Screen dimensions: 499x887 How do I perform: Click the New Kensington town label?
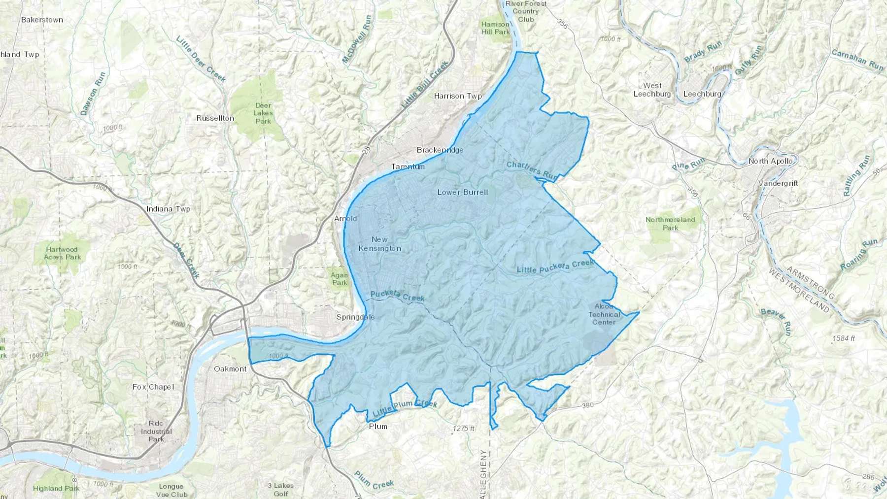[x=379, y=244]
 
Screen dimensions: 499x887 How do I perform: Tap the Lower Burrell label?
[x=463, y=192]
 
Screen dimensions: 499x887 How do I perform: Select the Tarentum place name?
[x=408, y=167]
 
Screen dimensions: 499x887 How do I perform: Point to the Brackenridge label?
[x=440, y=150]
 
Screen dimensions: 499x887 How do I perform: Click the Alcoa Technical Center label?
[x=604, y=314]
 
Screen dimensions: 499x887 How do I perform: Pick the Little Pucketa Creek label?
[x=555, y=266]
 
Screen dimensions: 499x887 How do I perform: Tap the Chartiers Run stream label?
[x=532, y=170]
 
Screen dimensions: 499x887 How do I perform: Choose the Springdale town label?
[x=355, y=317]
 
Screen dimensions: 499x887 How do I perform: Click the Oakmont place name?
[x=230, y=368]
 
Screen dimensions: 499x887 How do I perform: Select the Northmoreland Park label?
[x=670, y=224]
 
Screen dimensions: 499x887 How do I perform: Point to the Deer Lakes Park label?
[x=263, y=113]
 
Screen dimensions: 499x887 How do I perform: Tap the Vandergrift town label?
[x=778, y=183]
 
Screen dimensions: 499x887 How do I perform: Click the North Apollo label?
[x=771, y=161]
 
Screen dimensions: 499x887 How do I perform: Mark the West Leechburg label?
[x=652, y=90]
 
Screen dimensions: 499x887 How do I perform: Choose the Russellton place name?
[x=215, y=118]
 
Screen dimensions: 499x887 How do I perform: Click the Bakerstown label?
[x=42, y=20]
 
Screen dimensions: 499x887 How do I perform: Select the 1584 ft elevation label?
[x=844, y=338]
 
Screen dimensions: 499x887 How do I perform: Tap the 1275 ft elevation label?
[x=463, y=429]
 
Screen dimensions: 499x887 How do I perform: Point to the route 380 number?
[x=588, y=405]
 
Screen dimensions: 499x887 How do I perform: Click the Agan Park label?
[x=340, y=279]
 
